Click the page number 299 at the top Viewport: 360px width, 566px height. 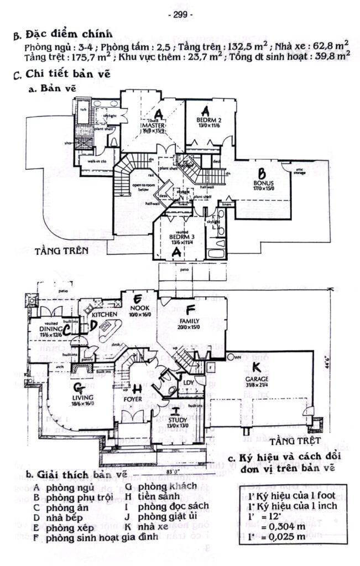(180, 15)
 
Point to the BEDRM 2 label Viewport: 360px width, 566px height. (208, 119)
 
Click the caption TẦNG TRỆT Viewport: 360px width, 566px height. (292, 443)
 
